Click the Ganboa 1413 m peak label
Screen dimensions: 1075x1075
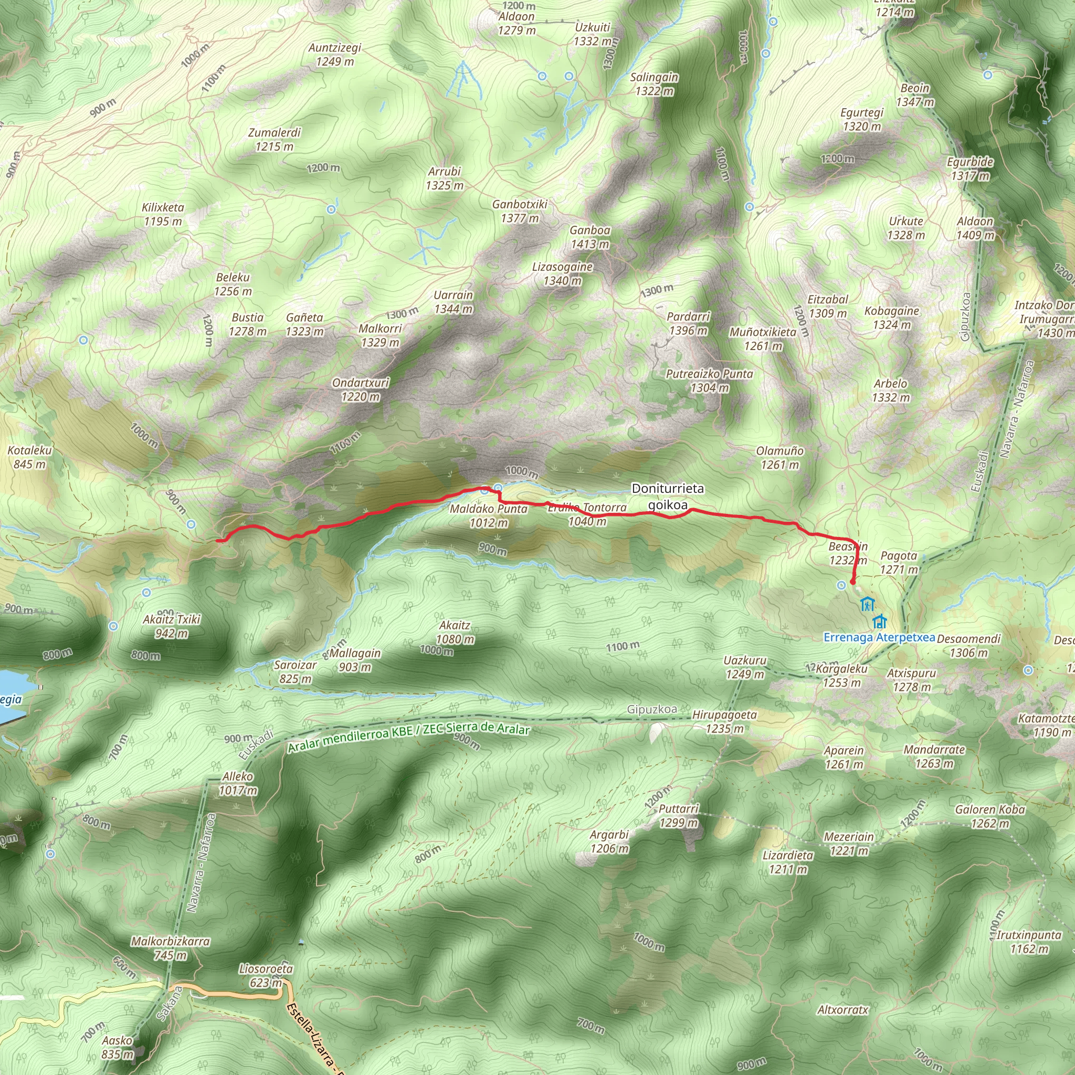click(x=590, y=237)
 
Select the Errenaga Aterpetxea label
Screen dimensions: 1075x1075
click(x=879, y=638)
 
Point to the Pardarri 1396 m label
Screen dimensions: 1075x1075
click(x=688, y=323)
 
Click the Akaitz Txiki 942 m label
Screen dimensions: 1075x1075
click(x=171, y=626)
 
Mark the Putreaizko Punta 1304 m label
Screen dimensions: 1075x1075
click(x=710, y=381)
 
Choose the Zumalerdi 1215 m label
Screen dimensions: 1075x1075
click(x=275, y=139)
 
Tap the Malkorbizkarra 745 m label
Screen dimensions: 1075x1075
click(x=170, y=948)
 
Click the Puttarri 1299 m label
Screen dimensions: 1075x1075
click(x=678, y=815)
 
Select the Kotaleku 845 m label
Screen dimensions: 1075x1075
click(x=29, y=457)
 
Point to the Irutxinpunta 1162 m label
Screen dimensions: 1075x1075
click(x=1029, y=942)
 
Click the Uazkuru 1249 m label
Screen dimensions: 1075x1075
click(x=745, y=667)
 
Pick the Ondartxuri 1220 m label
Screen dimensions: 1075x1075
click(x=361, y=389)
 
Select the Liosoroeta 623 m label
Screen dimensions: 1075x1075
click(x=266, y=975)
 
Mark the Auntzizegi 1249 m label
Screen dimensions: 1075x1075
click(x=335, y=55)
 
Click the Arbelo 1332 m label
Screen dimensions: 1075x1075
click(x=891, y=390)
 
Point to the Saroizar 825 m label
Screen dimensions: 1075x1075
click(x=296, y=671)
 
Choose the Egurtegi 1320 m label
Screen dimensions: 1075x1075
click(x=862, y=119)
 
